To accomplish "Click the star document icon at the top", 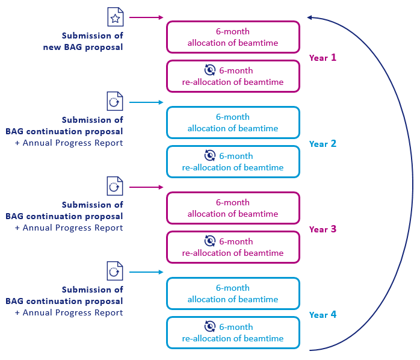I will (115, 17).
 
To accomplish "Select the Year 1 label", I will (323, 58).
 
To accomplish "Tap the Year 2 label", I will (323, 144).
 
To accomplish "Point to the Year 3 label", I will (323, 229).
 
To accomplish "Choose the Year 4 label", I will (323, 315).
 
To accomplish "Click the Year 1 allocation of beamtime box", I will (232, 37).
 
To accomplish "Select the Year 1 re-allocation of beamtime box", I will (232, 76).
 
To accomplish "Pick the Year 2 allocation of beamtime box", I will (232, 122).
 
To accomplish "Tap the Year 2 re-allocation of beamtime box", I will (232, 162).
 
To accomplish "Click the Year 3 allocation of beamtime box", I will (232, 208).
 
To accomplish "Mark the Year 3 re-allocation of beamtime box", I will (232, 247).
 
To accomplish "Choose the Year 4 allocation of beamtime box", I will (232, 293).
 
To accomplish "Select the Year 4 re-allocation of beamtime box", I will (232, 333).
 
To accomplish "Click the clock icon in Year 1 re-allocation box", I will (210, 70).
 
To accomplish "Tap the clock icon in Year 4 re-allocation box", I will (210, 326).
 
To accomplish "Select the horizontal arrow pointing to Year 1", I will (146, 18).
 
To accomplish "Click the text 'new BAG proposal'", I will (83, 47).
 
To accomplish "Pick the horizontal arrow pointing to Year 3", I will (146, 188).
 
